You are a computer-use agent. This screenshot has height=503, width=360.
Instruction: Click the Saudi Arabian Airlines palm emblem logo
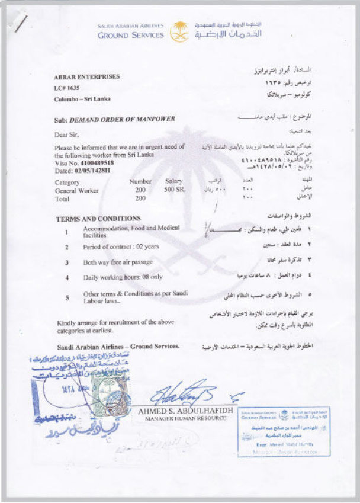[179, 31]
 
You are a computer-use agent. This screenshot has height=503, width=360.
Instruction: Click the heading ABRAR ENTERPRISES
[87, 76]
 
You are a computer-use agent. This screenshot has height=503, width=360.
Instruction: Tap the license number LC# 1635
[67, 88]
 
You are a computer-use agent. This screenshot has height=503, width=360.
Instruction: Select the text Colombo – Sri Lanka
[82, 99]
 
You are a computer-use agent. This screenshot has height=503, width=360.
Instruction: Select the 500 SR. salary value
[175, 191]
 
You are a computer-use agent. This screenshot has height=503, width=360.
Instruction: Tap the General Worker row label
[77, 191]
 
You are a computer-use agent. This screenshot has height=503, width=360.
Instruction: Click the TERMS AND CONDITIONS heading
[98, 219]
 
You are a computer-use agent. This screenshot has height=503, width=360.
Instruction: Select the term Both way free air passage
[118, 262]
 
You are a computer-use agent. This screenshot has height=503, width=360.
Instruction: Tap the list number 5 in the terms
[67, 298]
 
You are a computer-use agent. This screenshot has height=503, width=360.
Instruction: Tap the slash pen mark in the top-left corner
[20, 23]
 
